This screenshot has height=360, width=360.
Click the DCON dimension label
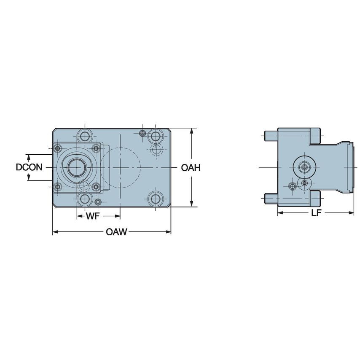pyautogui.click(x=29, y=167)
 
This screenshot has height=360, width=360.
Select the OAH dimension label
pyautogui.click(x=191, y=168)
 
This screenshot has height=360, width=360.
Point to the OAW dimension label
pyautogui.click(x=117, y=232)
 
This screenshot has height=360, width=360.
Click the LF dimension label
pyautogui.click(x=317, y=213)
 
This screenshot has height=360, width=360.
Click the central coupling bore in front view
pyautogui.click(x=76, y=167)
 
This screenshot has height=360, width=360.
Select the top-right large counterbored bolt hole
pyautogui.click(x=156, y=136)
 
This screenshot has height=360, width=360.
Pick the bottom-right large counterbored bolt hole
pyautogui.click(x=156, y=198)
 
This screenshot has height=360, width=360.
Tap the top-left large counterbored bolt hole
pyautogui.click(x=85, y=136)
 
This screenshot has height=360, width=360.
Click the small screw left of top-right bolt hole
pyautogui.click(x=143, y=134)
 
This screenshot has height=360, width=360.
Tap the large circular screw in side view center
pyautogui.click(x=304, y=167)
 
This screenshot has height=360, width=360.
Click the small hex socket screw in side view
pyautogui.click(x=292, y=186)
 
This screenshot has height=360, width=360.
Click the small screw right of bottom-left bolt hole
pyautogui.click(x=98, y=201)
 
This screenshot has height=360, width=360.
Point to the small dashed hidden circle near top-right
pyautogui.click(x=156, y=149)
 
